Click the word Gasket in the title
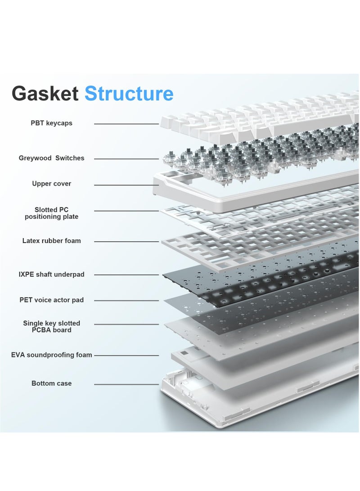pos(45,94)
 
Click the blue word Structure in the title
pos(129,94)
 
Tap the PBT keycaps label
pos(51,123)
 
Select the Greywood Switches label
pos(51,158)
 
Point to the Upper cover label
pos(51,184)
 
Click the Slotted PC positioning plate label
pos(51,213)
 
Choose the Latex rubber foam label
pos(51,241)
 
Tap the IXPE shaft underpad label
pos(51,274)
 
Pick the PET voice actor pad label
pos(51,300)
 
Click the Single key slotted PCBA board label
pos(51,326)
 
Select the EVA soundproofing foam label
pos(51,355)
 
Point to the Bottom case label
pos(51,383)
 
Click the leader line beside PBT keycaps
pos(126,124)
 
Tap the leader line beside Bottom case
pos(126,384)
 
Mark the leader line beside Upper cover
pos(126,185)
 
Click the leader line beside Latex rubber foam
pos(126,242)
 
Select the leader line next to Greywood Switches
pos(126,159)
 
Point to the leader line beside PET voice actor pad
pos(126,301)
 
